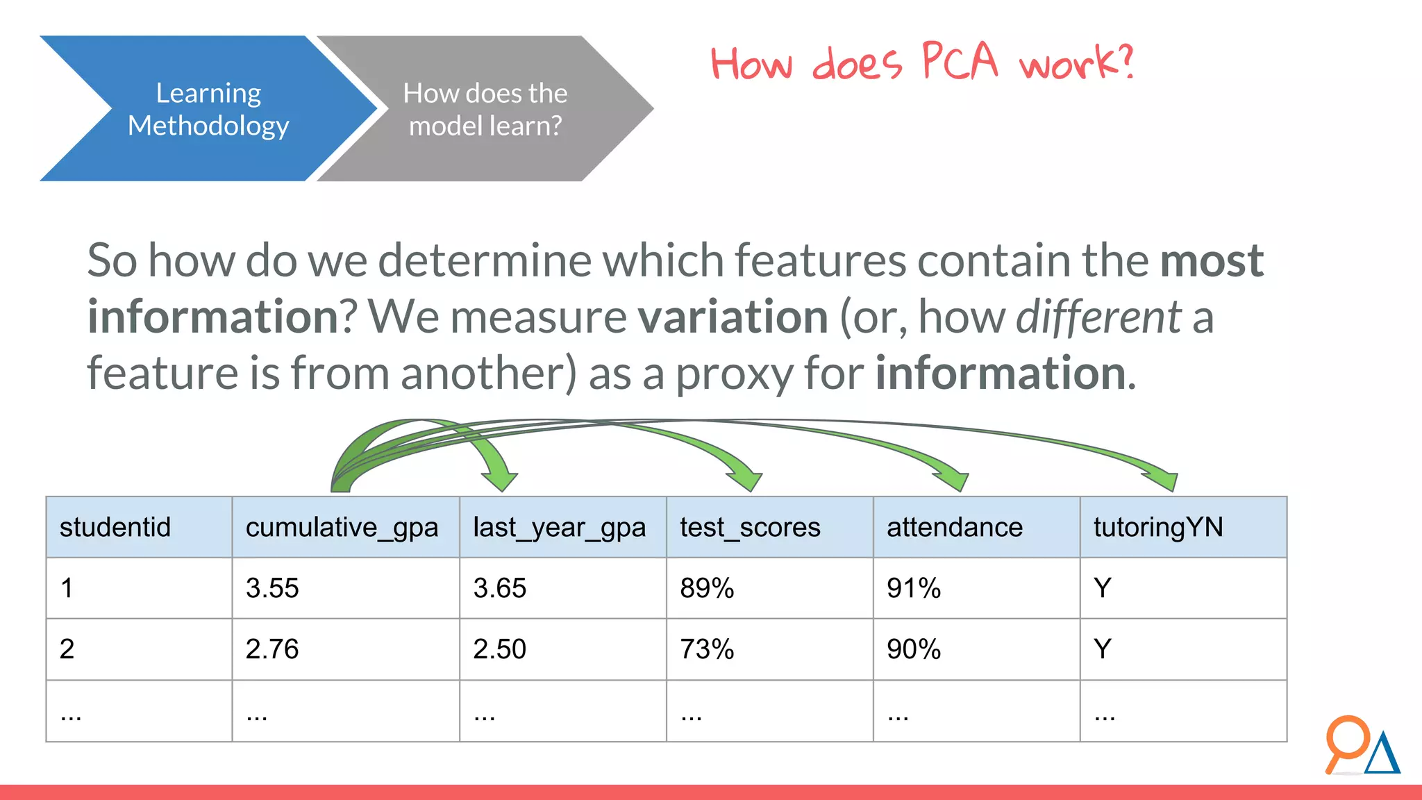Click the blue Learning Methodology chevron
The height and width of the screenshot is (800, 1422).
point(208,109)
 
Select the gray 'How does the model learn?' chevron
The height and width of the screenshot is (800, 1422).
point(485,109)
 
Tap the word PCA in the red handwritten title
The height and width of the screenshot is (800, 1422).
point(960,61)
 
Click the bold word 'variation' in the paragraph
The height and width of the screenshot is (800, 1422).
point(733,317)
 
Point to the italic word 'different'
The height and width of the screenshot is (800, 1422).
point(1098,317)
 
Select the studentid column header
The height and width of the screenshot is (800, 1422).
point(115,527)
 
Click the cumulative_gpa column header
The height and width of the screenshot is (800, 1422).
point(342,527)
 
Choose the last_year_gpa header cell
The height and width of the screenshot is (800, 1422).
point(559,527)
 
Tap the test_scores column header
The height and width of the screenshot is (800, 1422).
point(750,527)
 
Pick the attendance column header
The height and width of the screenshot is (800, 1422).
point(954,527)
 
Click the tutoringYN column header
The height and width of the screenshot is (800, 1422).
point(1157,527)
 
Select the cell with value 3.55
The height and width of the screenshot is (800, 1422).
point(272,588)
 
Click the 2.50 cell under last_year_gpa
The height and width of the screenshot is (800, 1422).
point(499,649)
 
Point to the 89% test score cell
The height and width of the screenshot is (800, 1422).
point(707,588)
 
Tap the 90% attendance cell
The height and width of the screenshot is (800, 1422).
point(913,649)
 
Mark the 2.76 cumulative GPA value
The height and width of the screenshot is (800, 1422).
point(272,649)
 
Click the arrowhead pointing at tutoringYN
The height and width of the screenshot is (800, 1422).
point(1164,480)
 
